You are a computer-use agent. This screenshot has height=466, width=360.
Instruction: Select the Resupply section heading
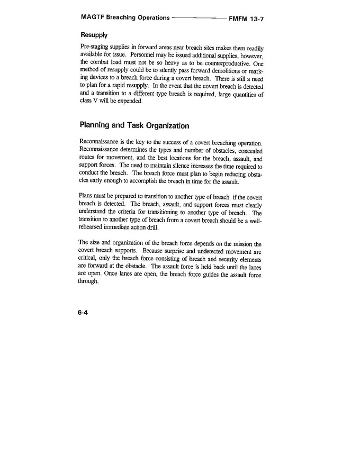[94, 35]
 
